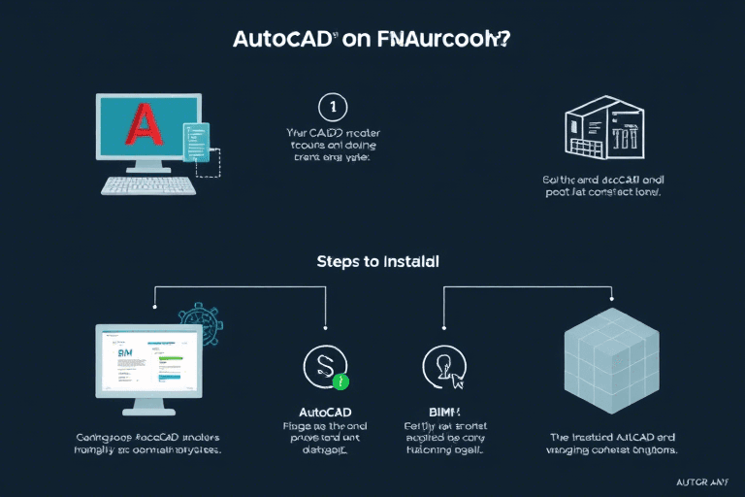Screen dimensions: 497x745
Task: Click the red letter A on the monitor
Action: pyautogui.click(x=144, y=127)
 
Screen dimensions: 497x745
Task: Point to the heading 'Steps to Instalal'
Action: pyautogui.click(x=376, y=262)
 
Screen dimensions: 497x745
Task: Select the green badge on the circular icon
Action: pyautogui.click(x=340, y=381)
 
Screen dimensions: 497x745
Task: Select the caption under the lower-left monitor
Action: pyautogui.click(x=148, y=444)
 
